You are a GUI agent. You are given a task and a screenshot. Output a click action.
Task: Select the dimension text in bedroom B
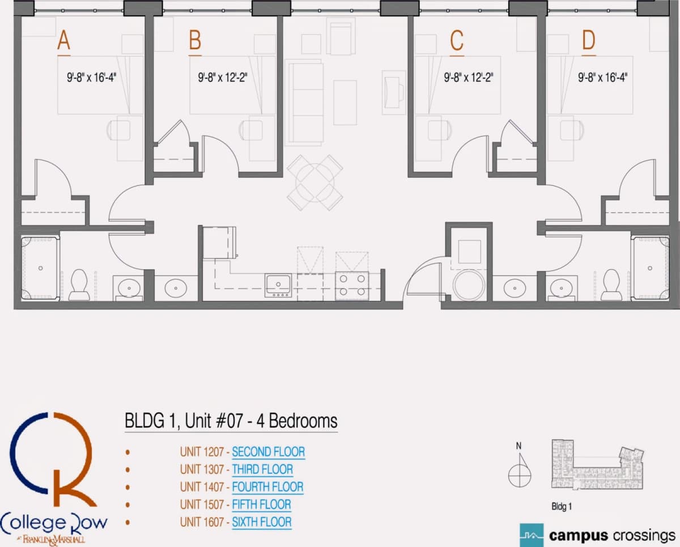(x=223, y=77)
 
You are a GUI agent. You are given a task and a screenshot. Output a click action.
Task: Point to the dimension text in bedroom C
(x=469, y=77)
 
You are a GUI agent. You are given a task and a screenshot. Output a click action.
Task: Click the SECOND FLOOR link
(x=269, y=452)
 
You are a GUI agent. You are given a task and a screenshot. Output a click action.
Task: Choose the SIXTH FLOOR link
(x=262, y=522)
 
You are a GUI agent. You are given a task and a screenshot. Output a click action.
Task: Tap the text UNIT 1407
(x=202, y=487)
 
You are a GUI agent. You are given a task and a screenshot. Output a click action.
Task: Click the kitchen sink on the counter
(x=278, y=286)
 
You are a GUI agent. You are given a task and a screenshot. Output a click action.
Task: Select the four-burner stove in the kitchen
(x=352, y=286)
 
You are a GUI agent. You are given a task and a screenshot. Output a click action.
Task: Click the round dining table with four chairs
(x=315, y=183)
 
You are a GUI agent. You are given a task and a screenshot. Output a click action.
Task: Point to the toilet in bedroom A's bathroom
(x=79, y=285)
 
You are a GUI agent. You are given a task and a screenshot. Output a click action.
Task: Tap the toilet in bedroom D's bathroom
(x=611, y=285)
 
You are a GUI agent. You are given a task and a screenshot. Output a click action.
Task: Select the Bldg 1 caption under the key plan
(x=562, y=507)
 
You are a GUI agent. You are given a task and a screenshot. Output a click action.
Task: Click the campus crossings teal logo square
(x=532, y=535)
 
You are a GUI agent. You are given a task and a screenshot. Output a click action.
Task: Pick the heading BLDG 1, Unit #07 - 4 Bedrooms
(x=231, y=421)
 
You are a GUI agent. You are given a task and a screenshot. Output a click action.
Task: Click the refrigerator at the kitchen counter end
(x=219, y=243)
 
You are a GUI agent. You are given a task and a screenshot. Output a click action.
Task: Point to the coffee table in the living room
(x=345, y=103)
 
